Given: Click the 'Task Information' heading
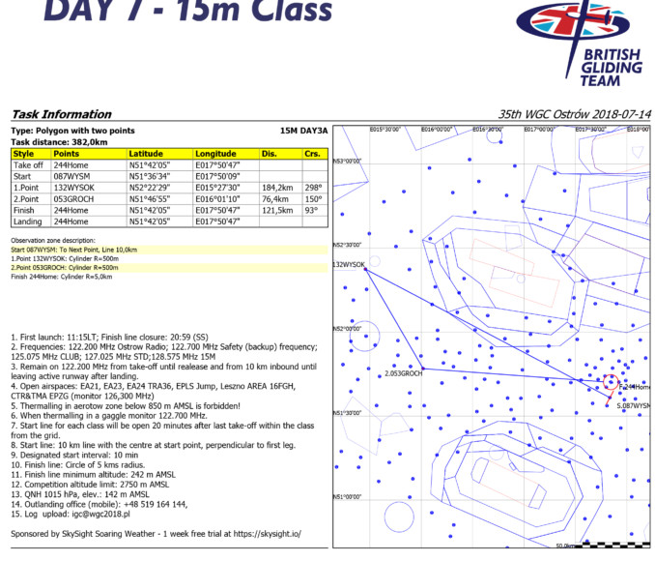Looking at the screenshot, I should (x=61, y=114).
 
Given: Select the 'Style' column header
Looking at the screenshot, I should (x=24, y=154).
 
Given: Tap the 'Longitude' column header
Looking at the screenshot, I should (x=215, y=154).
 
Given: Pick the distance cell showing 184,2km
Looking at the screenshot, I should (x=277, y=188).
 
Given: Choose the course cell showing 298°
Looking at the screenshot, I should (x=312, y=188).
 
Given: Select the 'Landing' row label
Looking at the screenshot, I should (x=28, y=221).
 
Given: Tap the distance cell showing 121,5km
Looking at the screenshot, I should (x=277, y=210).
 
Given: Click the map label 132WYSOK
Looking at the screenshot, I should (x=349, y=264).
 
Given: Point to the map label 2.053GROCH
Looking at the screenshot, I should (x=403, y=372).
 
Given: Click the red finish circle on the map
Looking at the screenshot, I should (x=610, y=381).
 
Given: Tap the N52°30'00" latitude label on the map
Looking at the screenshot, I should (x=346, y=246).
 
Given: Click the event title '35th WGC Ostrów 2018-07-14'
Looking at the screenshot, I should (x=573, y=114).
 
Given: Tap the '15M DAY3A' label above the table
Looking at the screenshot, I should (x=303, y=131).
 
